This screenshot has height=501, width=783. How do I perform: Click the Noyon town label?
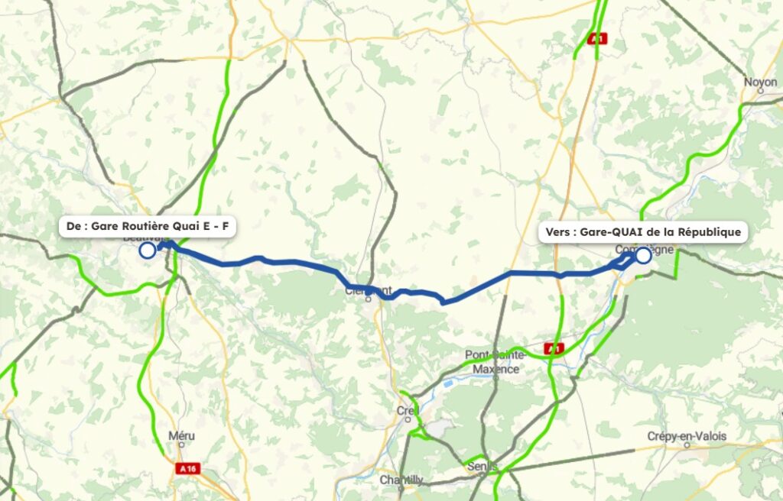tap(761, 81)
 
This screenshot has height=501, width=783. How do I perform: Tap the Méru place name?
tap(181, 436)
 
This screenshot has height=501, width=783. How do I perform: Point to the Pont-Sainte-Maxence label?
tap(495, 361)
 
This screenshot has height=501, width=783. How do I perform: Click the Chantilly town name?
tap(401, 480)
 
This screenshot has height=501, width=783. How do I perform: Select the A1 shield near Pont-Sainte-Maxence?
tap(554, 349)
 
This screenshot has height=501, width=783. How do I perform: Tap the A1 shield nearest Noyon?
tap(598, 39)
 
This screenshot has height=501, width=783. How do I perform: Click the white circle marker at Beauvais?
tap(147, 250)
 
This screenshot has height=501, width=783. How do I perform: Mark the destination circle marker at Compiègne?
tap(643, 255)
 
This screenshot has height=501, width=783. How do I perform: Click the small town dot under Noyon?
tap(761, 91)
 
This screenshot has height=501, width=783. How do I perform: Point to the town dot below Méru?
tap(181, 447)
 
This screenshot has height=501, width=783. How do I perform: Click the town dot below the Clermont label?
tap(369, 299)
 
